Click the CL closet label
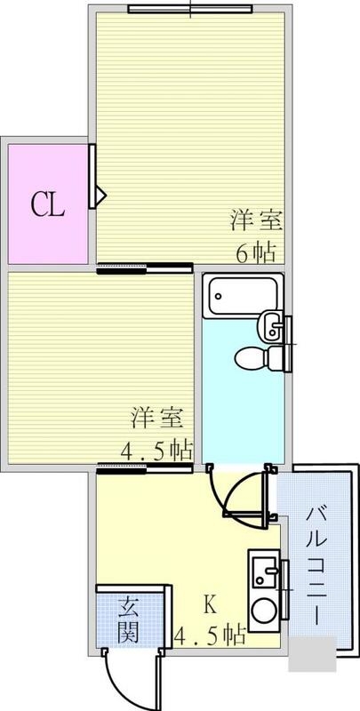tap(48, 205)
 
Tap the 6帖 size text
tap(254, 252)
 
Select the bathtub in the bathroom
tap(242, 297)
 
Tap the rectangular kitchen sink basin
tap(264, 569)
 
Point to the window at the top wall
tap(189, 10)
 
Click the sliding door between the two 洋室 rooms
tap(145, 268)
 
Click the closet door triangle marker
tap(100, 191)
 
